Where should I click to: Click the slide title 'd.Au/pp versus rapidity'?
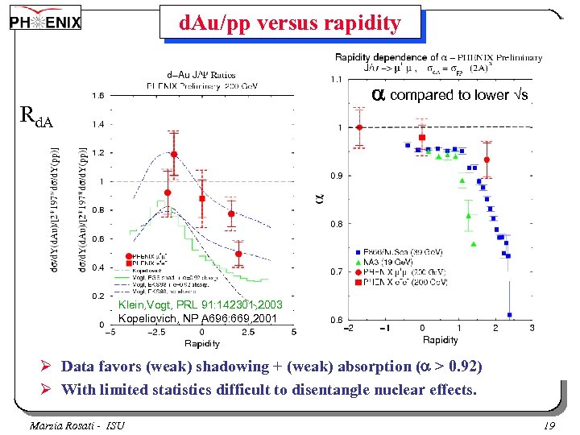(x=289, y=23)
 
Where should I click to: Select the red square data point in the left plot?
(x=202, y=198)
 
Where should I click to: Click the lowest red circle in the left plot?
(x=238, y=255)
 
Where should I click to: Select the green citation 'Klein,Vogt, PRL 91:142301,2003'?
(x=200, y=305)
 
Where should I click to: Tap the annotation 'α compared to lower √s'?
(x=450, y=95)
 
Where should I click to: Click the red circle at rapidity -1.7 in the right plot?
(x=359, y=127)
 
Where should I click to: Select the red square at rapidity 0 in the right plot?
(x=421, y=138)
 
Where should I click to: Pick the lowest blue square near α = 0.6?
(x=510, y=315)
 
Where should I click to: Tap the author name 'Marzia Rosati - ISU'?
(x=77, y=424)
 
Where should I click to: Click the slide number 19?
(x=549, y=424)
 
